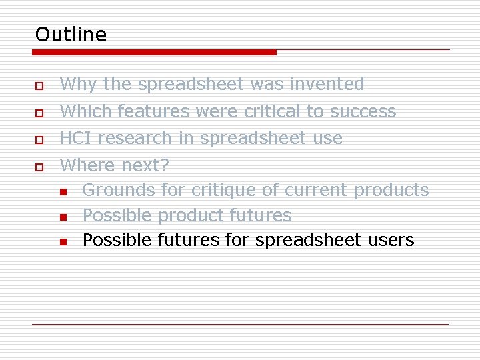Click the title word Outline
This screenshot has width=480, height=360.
71,34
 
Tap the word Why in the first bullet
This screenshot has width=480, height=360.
78,84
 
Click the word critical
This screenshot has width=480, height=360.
272,111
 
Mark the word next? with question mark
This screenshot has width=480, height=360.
145,164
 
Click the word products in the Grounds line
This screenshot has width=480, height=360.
391,191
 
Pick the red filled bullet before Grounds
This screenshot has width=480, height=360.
62,192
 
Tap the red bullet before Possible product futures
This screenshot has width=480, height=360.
62,217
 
